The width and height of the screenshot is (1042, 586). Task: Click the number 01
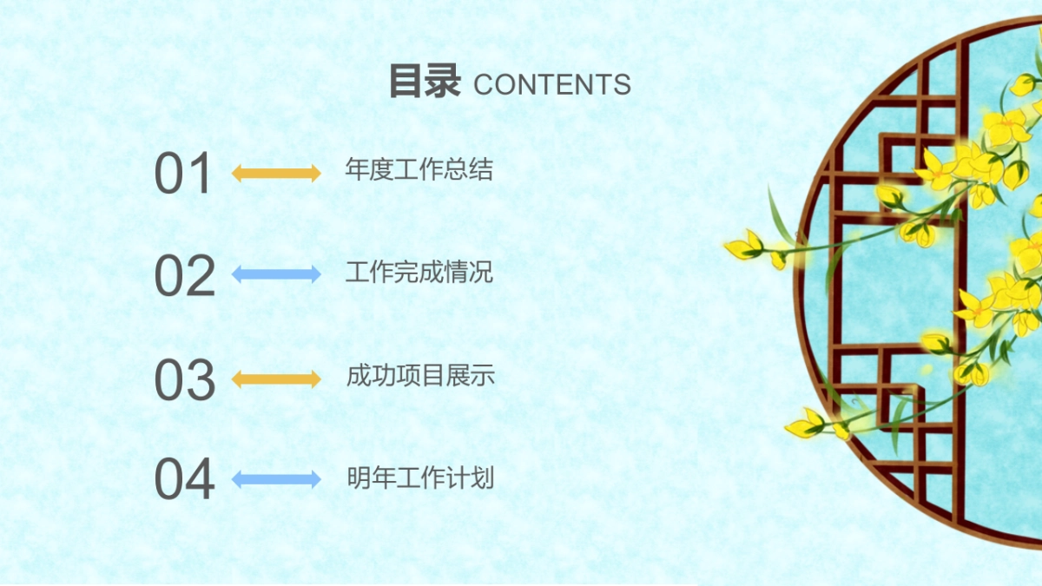[x=183, y=173]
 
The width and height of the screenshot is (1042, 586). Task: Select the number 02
[x=184, y=275]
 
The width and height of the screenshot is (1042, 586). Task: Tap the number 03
[x=184, y=379]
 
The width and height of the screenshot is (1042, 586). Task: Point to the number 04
[x=184, y=479]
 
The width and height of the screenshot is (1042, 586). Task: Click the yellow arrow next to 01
[x=276, y=173]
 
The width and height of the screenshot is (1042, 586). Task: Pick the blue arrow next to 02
[x=276, y=274]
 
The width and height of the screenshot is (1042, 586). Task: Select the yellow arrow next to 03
[x=276, y=379]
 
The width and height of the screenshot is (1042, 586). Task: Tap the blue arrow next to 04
[x=276, y=479]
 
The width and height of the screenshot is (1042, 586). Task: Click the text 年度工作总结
[x=419, y=169]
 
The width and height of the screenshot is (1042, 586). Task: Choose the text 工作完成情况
[x=419, y=272]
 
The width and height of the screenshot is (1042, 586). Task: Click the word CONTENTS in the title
[x=552, y=84]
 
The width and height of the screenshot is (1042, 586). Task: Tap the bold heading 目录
[x=424, y=82]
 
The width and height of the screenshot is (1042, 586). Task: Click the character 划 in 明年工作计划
[x=483, y=477]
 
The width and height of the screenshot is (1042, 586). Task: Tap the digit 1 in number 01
[x=201, y=173]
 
